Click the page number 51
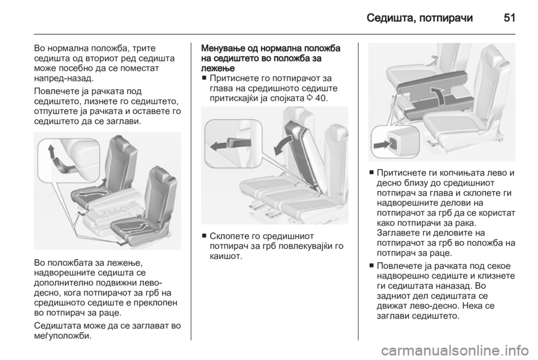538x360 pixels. (x=509, y=17)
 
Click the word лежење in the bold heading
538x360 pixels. (x=217, y=68)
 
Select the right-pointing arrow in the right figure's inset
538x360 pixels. (x=381, y=145)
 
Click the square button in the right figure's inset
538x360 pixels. (x=393, y=142)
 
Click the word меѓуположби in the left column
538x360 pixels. (x=62, y=335)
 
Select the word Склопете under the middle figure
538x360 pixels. (x=228, y=236)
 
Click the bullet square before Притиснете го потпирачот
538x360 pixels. (x=204, y=79)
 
